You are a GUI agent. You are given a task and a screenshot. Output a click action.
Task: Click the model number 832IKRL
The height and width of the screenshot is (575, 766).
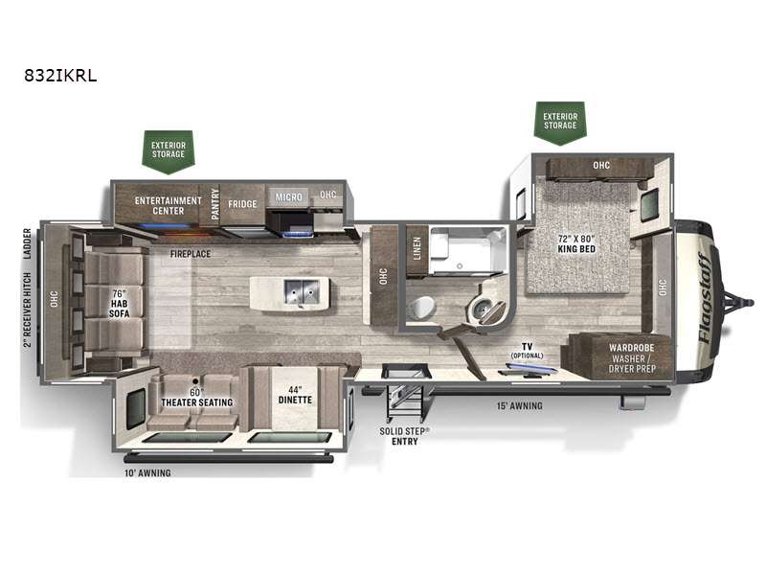point(60,76)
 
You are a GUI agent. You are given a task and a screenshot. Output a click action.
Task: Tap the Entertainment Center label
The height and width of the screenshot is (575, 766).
point(169,206)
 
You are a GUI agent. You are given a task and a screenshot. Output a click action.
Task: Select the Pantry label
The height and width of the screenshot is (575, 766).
point(215,204)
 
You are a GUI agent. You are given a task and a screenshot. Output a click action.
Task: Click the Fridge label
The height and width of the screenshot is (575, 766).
point(242,204)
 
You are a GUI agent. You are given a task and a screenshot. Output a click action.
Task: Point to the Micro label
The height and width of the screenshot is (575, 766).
point(289,197)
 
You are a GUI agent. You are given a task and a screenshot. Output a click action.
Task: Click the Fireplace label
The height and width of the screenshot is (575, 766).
point(191,254)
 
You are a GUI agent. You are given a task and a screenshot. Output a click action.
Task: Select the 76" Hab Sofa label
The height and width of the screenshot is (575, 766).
point(119,303)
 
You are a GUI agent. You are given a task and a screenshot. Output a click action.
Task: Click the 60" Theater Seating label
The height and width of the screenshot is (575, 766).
point(196,397)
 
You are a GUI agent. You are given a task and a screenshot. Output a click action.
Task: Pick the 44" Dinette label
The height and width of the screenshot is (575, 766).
point(295,395)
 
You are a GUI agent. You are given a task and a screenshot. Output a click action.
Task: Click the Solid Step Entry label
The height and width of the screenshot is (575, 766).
point(404,436)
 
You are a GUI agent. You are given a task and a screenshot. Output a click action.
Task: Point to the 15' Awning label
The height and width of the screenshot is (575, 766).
point(519,405)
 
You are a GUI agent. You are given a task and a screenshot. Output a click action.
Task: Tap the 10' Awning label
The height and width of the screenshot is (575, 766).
point(147,472)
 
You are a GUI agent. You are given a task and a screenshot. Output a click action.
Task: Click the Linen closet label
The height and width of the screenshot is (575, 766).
point(417,248)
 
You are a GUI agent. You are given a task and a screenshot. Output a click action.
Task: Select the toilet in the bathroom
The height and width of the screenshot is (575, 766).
point(421,308)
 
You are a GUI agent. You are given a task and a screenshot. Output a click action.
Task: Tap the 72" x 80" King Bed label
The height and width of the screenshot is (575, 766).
point(576,243)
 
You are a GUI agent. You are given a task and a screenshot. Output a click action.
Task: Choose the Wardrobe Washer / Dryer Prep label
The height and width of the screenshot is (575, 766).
point(632,357)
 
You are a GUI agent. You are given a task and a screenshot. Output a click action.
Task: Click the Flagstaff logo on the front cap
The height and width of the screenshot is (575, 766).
point(706,297)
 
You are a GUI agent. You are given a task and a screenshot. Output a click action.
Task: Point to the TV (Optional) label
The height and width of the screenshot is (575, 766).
point(528,351)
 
